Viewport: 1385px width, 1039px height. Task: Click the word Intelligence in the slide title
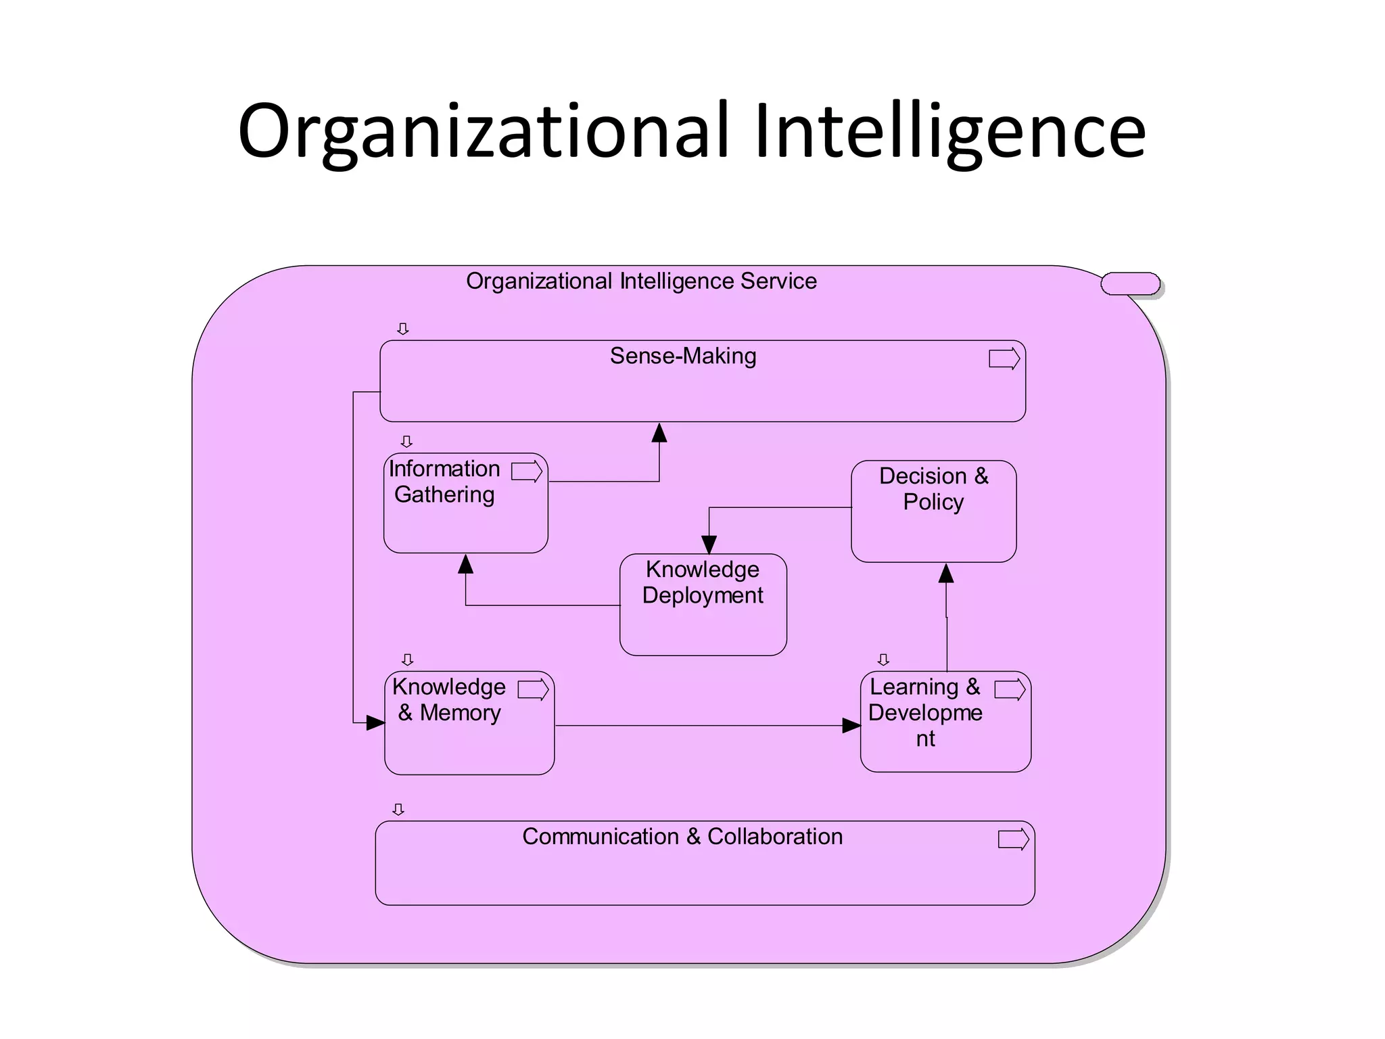(949, 132)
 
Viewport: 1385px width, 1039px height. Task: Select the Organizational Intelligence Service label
(641, 281)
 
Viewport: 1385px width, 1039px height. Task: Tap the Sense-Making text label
(683, 356)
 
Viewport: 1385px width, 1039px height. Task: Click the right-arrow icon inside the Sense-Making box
(1004, 359)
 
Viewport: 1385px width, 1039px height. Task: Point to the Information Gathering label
(444, 482)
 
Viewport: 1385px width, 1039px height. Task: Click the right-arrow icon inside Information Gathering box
(527, 471)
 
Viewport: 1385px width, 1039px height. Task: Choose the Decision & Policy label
(933, 489)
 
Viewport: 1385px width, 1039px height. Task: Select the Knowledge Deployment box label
(703, 582)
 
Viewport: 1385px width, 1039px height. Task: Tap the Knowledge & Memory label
(449, 700)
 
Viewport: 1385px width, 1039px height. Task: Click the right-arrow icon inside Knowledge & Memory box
(533, 690)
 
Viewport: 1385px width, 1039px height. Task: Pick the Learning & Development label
(925, 713)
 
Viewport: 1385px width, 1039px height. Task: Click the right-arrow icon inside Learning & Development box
(1010, 690)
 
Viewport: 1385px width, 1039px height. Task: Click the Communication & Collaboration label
(682, 837)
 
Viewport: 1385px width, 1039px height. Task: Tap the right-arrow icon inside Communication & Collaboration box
(1013, 839)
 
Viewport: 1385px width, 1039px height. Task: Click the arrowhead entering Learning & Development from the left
(851, 726)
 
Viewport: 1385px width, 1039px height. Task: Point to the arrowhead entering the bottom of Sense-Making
(659, 433)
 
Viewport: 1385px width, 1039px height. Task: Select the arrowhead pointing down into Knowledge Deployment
(709, 545)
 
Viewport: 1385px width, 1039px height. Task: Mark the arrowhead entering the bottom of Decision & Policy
(946, 574)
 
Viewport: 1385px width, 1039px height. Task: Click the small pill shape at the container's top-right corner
(1130, 284)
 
